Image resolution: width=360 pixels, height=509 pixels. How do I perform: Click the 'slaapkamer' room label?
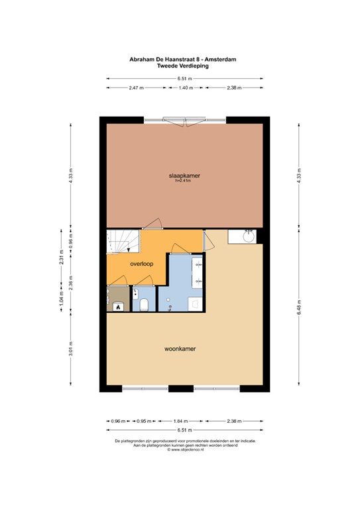coord(184,176)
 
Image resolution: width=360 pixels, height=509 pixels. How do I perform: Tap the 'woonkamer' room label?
coord(180,349)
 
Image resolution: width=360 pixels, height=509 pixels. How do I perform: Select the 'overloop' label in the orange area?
coord(141,264)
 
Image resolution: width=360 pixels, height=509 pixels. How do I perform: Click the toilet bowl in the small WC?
coord(144,305)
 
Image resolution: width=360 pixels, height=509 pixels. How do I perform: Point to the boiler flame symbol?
coord(118,307)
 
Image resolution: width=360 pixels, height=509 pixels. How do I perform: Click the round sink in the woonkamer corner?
coord(249,236)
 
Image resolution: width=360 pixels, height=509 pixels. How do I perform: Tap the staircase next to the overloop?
coord(123,241)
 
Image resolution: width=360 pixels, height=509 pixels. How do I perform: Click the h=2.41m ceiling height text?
coord(183,181)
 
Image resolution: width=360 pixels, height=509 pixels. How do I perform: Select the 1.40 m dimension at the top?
coord(186,87)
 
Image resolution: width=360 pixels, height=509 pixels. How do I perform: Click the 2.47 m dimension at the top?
coord(137,87)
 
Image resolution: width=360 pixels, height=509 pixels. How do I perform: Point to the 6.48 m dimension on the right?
coord(299,307)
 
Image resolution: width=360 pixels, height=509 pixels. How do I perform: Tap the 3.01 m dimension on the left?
coord(71,349)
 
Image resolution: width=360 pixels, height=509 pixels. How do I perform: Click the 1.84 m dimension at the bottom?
coord(180,421)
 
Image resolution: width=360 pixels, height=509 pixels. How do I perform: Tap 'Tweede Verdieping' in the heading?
coord(183,66)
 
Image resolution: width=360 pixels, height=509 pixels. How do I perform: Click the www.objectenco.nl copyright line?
coord(186,449)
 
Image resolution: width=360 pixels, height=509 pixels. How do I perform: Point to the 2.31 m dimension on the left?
coord(62,257)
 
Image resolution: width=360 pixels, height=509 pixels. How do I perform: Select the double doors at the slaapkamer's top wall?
coord(184,121)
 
